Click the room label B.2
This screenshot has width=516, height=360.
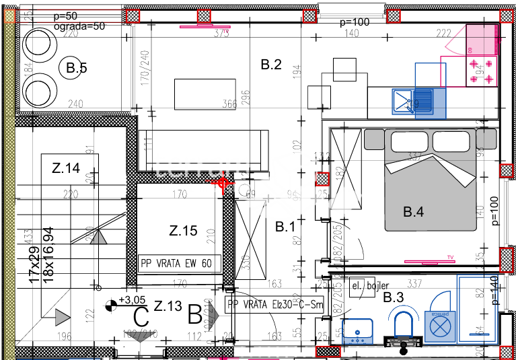(x=270, y=65)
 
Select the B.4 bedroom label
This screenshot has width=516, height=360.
(x=413, y=212)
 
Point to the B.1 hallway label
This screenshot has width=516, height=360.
(x=285, y=227)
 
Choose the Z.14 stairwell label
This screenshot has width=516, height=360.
(x=66, y=168)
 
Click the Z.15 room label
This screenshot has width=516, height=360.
(x=183, y=231)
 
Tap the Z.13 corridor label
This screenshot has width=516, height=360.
(x=168, y=306)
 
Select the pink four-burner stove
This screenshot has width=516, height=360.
(x=481, y=71)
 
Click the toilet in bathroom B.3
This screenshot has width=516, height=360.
(x=404, y=324)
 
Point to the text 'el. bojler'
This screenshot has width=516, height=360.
(x=370, y=286)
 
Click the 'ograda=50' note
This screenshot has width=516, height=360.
(x=80, y=26)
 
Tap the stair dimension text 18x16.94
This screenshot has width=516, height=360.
(x=47, y=256)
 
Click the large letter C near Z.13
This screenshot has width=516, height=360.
(x=141, y=315)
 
